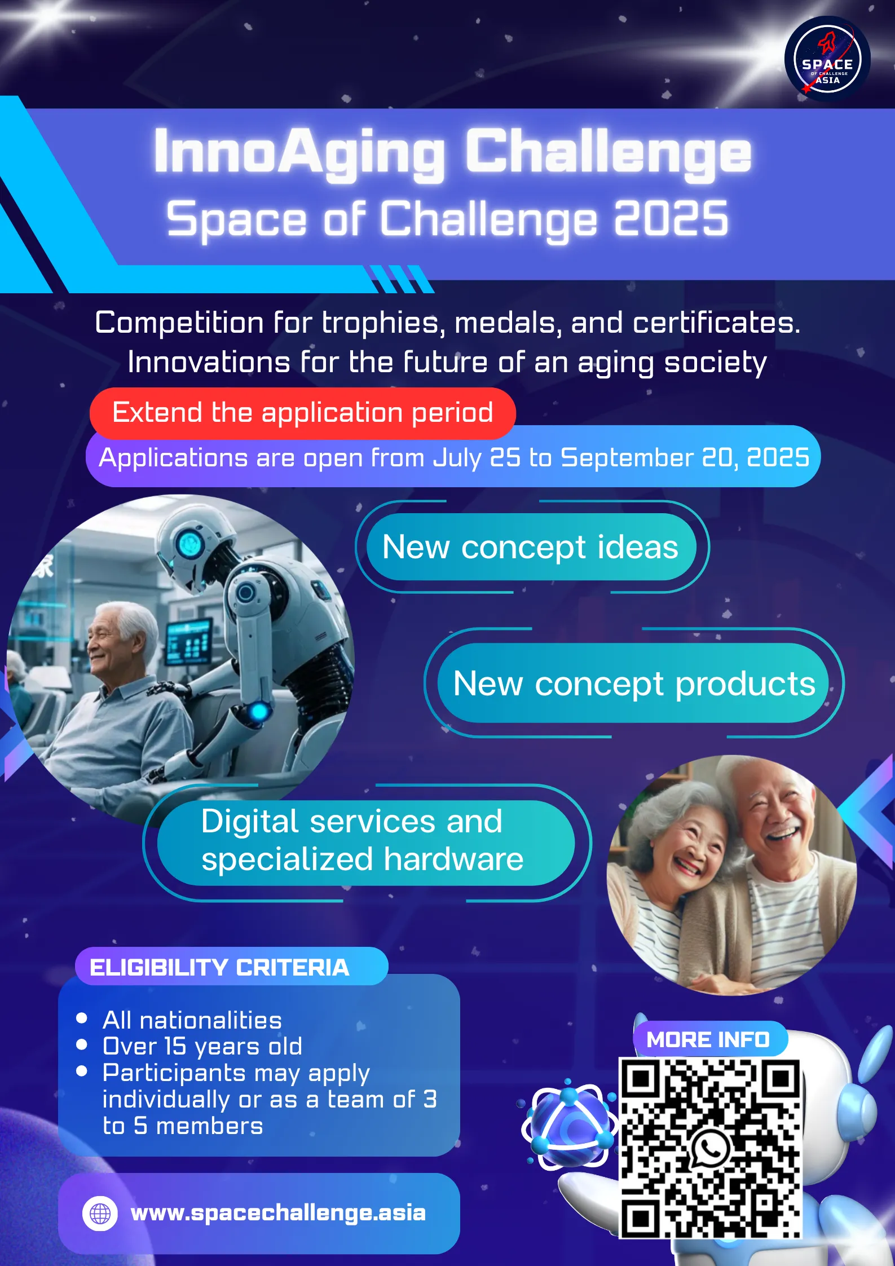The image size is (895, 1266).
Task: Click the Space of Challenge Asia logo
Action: pos(827,59)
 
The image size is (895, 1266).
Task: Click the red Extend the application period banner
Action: pos(303,413)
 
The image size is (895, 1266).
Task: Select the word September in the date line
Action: pos(627,458)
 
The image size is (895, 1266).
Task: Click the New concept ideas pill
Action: pos(531,546)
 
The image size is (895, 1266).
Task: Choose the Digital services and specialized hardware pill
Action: pos(365,842)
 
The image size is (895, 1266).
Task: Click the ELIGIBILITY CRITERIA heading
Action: pos(219,968)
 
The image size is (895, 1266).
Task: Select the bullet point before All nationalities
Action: pos(82,1018)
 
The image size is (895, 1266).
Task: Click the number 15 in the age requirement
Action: pos(175,1046)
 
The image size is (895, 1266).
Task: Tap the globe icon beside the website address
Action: pos(100,1213)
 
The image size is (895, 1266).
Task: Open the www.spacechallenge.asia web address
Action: pos(278,1213)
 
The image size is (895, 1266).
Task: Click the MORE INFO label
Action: pos(708,1039)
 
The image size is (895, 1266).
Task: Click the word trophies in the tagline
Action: pos(381,323)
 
